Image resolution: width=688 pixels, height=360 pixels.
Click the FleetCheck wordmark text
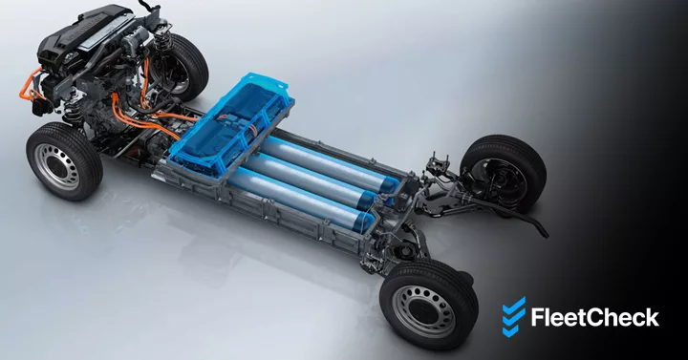(x=594, y=317)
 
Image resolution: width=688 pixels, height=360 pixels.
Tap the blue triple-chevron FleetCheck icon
(x=514, y=317)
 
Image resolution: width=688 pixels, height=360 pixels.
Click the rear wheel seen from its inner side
(x=503, y=174)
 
